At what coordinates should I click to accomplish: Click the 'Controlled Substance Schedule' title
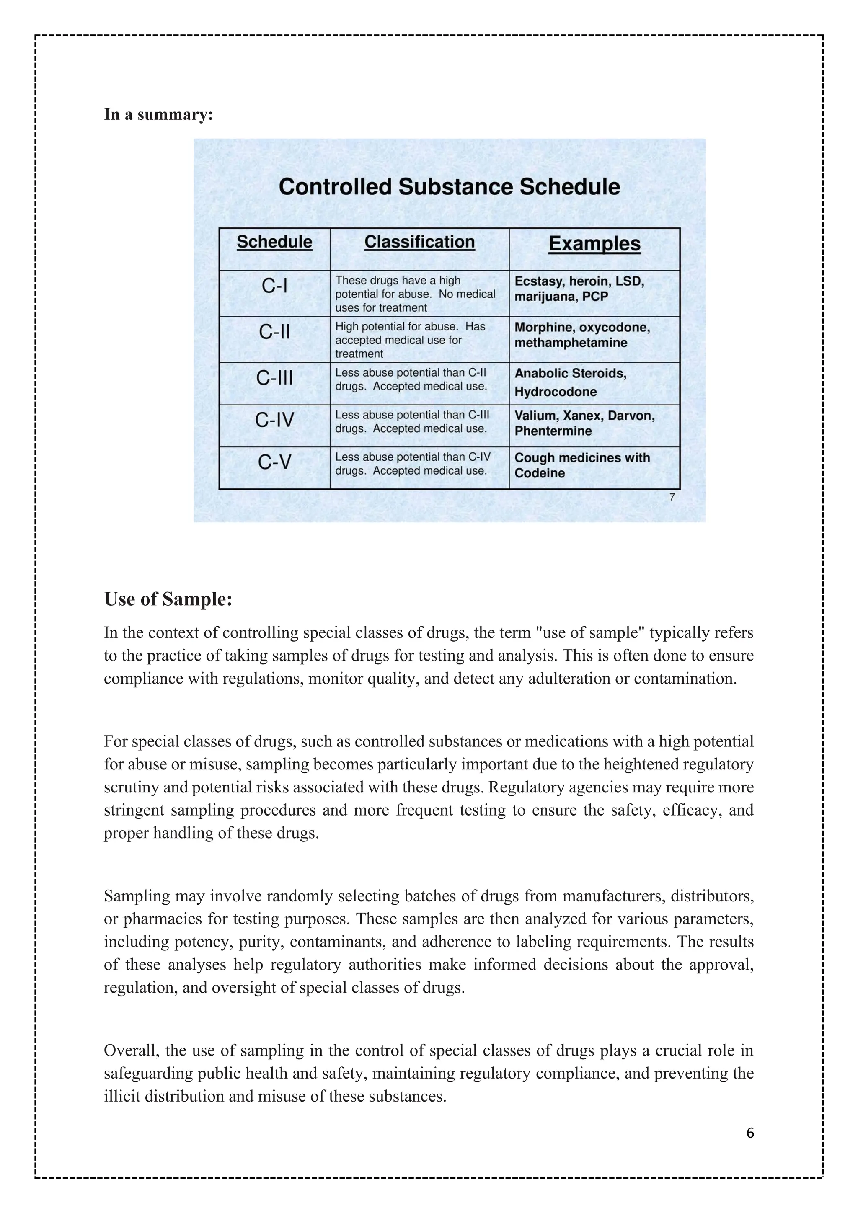click(x=449, y=187)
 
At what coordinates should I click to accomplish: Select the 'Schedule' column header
click(x=274, y=242)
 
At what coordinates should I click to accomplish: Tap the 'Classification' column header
click(x=419, y=242)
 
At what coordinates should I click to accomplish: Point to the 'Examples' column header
click(x=594, y=243)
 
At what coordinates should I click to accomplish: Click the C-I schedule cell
click(x=274, y=286)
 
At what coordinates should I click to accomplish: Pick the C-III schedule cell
click(x=274, y=378)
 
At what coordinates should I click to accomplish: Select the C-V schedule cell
click(x=274, y=463)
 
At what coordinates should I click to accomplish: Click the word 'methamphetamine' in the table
click(x=571, y=343)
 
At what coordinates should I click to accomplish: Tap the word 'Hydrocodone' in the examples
click(x=555, y=392)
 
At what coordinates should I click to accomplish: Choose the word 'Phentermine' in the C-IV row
click(x=553, y=431)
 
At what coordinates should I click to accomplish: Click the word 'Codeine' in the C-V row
click(x=540, y=473)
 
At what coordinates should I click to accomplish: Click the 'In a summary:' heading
click(x=158, y=115)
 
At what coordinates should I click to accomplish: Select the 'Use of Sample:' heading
click(x=168, y=599)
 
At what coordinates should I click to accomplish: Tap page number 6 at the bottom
click(x=749, y=1133)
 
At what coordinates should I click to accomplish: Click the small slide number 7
click(x=672, y=497)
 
